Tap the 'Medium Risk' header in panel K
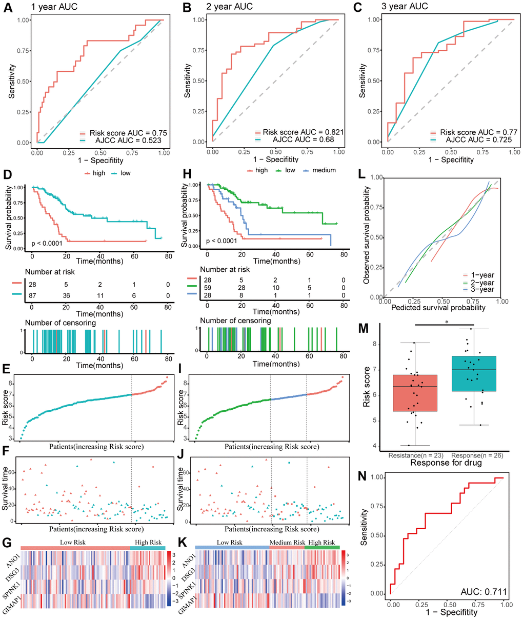[287, 542]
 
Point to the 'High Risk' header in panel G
[148, 542]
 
